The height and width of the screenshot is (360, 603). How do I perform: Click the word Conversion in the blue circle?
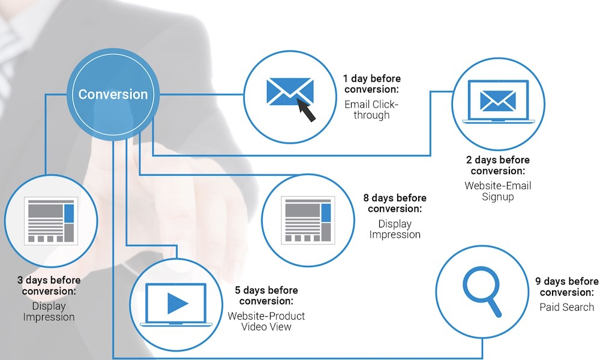[113, 94]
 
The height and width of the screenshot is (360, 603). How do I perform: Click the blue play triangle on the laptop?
[178, 303]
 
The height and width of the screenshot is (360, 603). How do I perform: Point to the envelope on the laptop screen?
[497, 101]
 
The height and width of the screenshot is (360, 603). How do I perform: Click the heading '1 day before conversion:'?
[372, 84]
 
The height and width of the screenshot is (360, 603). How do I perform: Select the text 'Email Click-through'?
[371, 110]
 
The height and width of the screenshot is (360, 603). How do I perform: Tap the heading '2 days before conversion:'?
[497, 166]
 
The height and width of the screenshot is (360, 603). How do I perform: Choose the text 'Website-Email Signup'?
[497, 191]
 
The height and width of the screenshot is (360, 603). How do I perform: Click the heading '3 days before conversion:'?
[49, 286]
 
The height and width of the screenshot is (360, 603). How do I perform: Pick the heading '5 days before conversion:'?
[266, 295]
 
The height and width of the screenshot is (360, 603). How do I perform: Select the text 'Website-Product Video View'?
[266, 321]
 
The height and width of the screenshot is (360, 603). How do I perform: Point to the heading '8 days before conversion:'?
[395, 203]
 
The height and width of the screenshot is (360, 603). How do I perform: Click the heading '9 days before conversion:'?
[567, 287]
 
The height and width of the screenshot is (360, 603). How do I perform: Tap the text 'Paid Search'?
[567, 307]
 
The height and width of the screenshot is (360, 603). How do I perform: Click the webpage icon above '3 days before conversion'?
[51, 221]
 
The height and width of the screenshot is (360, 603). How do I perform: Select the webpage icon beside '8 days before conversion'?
[308, 220]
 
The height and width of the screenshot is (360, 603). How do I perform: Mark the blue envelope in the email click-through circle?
[290, 92]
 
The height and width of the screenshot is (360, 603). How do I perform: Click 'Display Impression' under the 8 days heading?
[395, 229]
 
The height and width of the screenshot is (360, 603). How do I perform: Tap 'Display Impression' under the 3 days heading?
[49, 311]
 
